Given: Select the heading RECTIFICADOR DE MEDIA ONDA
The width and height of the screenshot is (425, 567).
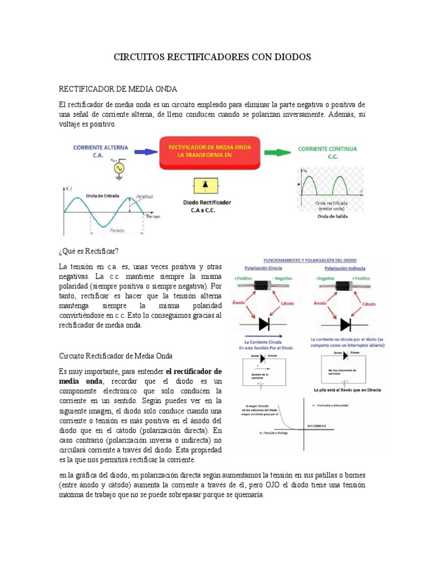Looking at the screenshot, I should [x=118, y=89].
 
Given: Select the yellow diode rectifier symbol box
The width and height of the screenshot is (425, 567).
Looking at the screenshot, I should [x=205, y=185].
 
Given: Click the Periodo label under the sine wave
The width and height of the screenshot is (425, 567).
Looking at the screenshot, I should [x=116, y=230].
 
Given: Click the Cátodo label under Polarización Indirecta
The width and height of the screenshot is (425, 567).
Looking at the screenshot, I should [x=369, y=304].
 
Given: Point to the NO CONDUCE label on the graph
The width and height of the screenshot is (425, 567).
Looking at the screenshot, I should [x=317, y=426].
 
